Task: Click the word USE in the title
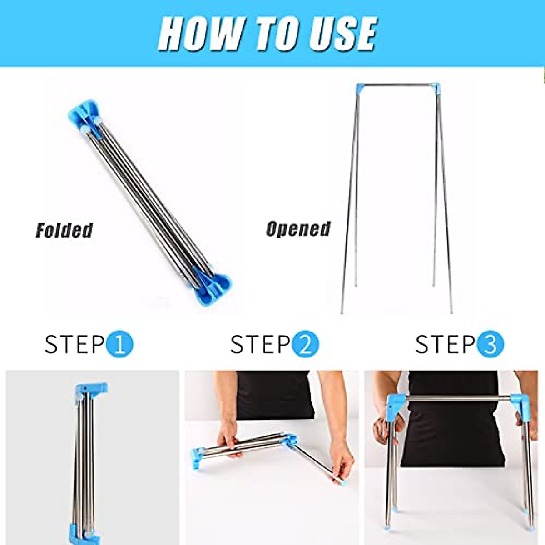coord(342,34)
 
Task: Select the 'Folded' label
coord(64,230)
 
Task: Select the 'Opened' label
coord(298,229)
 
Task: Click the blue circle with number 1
coord(119,344)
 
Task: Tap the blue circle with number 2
coord(305,344)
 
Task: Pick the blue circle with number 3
coord(490,344)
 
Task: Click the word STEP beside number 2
coord(260,344)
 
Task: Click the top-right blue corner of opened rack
coord(435,87)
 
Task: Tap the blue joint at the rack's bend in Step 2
coord(290,440)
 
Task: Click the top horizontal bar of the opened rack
coord(397,84)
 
